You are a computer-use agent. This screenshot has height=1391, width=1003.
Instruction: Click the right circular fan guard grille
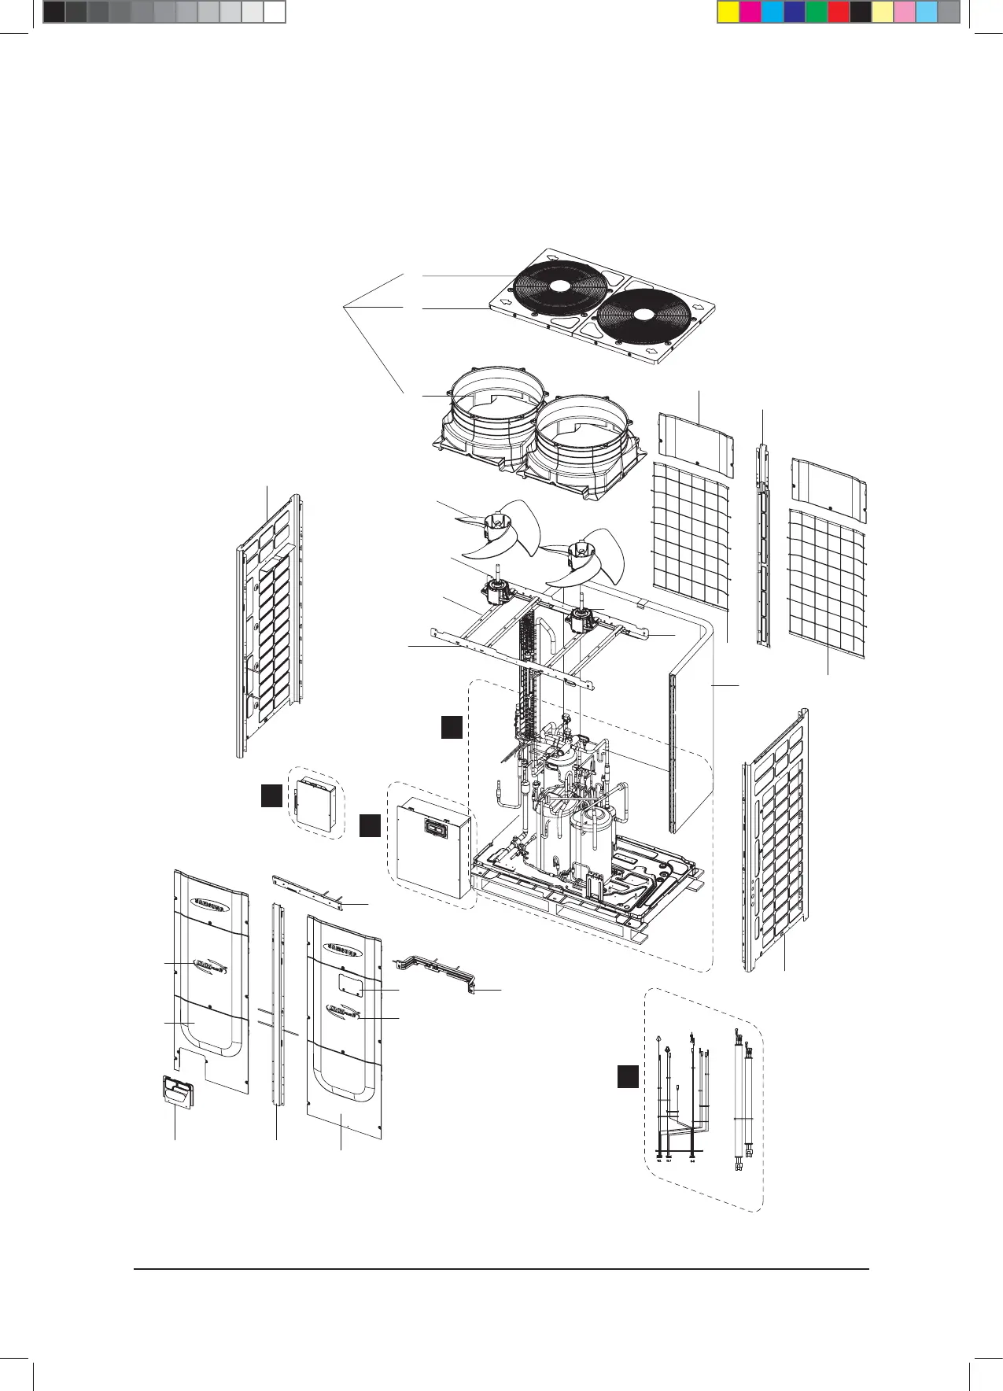[643, 315]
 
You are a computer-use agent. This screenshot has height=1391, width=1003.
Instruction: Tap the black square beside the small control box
[271, 795]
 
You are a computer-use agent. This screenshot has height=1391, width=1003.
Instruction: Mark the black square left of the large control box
[371, 825]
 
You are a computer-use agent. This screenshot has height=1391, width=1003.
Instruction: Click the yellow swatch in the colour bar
[728, 12]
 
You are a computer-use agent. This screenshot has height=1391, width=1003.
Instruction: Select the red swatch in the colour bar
[839, 12]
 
